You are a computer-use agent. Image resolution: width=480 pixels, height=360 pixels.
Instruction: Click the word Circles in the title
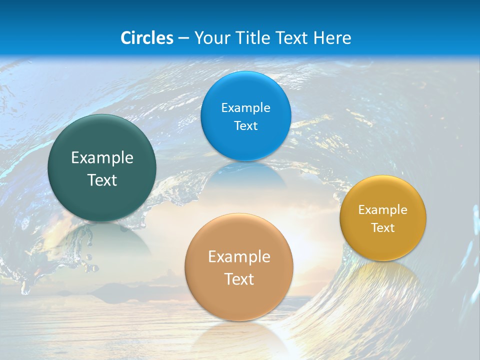pyautogui.click(x=146, y=38)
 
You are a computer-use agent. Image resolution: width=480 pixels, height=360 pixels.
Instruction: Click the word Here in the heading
pyautogui.click(x=332, y=38)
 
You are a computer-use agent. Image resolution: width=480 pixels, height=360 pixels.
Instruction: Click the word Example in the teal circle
pyautogui.click(x=102, y=158)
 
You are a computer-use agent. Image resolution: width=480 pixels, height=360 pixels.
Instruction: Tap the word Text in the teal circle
pyautogui.click(x=102, y=180)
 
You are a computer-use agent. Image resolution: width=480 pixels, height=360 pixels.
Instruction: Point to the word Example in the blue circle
pyautogui.click(x=245, y=108)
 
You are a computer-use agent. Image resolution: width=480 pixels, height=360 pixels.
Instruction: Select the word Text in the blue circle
pyautogui.click(x=245, y=126)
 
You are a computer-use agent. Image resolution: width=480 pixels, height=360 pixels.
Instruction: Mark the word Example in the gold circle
pyautogui.click(x=383, y=210)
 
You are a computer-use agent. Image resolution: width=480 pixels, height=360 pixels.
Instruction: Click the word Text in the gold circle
pyautogui.click(x=383, y=228)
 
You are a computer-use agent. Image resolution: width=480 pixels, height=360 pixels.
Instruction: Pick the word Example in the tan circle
pyautogui.click(x=239, y=257)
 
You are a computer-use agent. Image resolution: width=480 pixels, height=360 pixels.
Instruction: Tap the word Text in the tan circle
pyautogui.click(x=239, y=279)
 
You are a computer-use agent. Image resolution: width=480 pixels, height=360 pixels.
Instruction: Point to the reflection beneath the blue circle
pyautogui.click(x=245, y=175)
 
